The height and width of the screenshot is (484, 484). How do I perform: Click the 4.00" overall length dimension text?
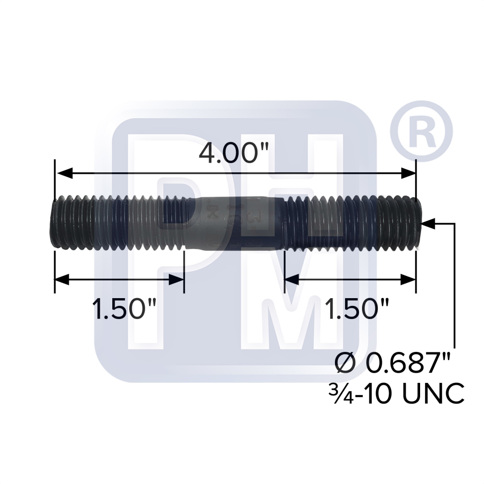tap(234, 154)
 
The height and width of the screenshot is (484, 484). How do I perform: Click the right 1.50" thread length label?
tap(350, 308)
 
